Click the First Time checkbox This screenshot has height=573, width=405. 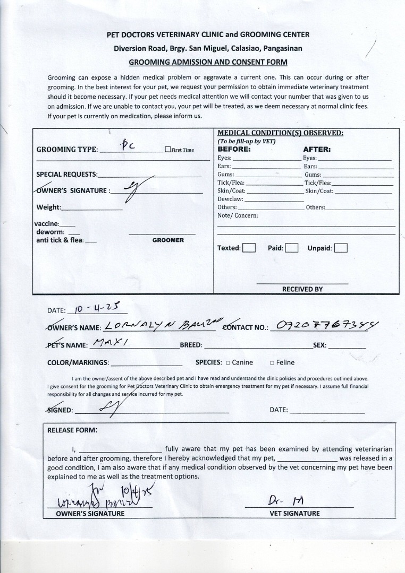click(167, 150)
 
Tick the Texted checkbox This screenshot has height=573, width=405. click(249, 248)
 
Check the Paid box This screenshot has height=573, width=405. click(291, 248)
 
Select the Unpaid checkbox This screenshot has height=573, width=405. click(341, 248)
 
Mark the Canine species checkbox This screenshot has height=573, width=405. click(227, 363)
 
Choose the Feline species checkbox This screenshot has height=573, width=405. click(272, 363)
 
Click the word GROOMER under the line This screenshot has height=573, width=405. click(168, 240)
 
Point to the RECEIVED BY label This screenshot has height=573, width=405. click(302, 289)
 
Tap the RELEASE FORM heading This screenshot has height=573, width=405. click(72, 430)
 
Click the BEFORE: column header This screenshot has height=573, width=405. click(234, 150)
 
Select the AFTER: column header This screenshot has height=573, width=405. click(317, 150)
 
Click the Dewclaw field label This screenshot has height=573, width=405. click(230, 199)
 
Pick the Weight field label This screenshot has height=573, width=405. click(48, 207)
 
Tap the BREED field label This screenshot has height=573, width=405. click(191, 345)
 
